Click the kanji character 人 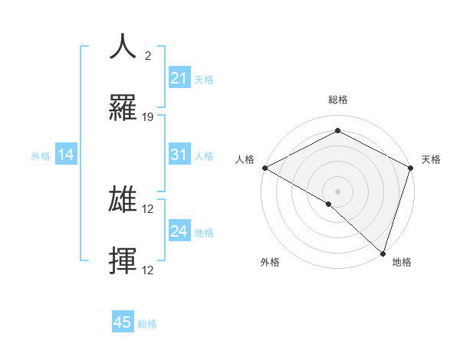tap(123, 47)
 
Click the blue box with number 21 tap(179, 78)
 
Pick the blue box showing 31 tap(179, 155)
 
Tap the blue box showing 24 tap(179, 231)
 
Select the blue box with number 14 tap(66, 155)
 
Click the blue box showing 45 tap(123, 322)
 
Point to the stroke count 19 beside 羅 tap(149, 117)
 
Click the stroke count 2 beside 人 tap(148, 56)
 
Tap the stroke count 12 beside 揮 tap(149, 270)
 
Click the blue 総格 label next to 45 tap(147, 324)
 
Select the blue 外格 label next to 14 tap(41, 156)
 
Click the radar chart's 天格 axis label tap(431, 159)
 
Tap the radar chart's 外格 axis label tap(270, 262)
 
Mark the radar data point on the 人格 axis tap(264, 168)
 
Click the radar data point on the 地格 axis tap(383, 253)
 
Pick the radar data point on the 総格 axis tap(337, 131)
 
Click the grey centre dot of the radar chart tap(337, 191)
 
